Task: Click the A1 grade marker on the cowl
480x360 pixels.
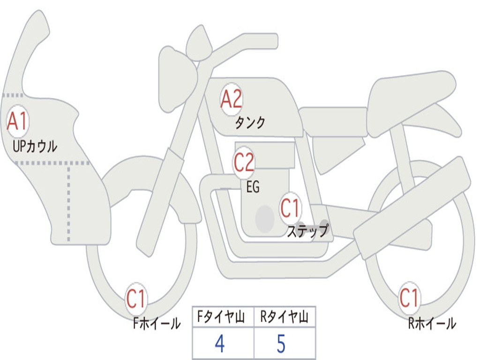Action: tap(18, 121)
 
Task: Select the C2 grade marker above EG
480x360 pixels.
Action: tap(244, 162)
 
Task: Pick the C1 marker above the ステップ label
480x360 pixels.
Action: tap(290, 209)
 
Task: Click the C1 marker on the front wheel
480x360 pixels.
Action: tap(136, 299)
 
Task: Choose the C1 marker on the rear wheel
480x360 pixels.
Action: tap(409, 298)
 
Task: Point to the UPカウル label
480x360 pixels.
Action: tap(35, 146)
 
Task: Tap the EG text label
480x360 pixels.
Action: tap(253, 187)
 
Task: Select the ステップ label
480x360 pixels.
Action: tap(308, 231)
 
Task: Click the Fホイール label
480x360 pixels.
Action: tap(157, 323)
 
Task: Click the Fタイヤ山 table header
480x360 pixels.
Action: tap(221, 316)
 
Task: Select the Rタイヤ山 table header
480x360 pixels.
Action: tap(284, 316)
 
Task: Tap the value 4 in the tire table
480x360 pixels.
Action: tap(220, 344)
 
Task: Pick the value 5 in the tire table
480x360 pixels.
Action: tap(281, 344)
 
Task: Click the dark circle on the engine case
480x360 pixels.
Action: tap(265, 219)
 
